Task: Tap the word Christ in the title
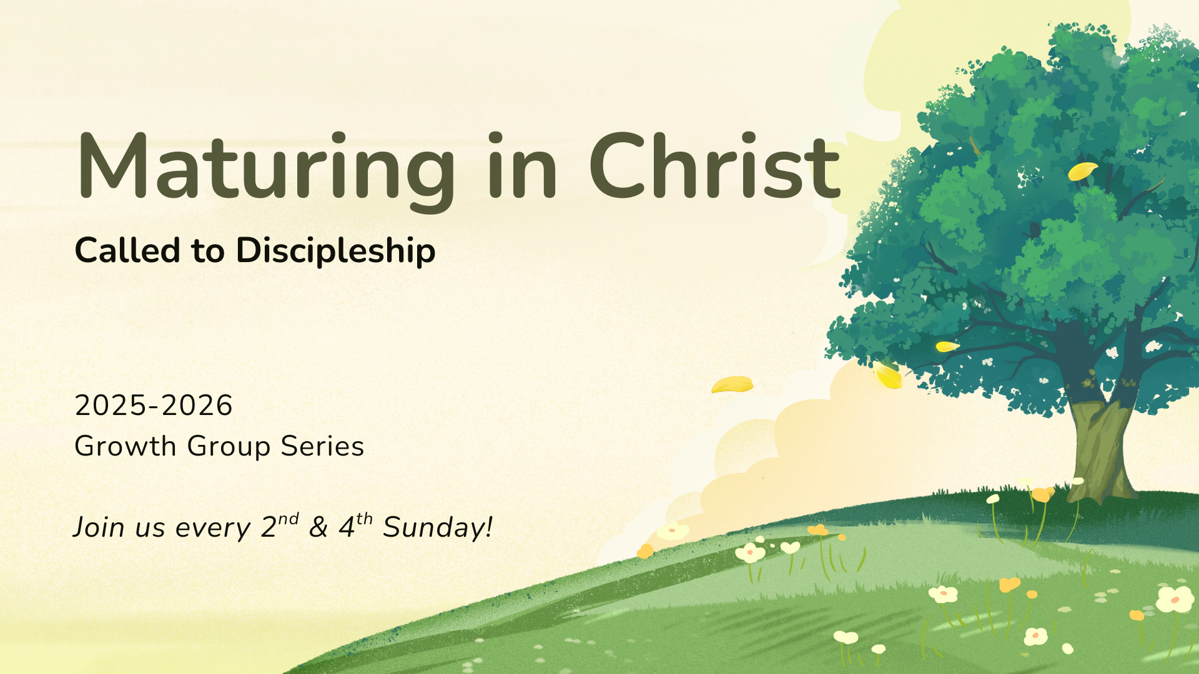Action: [714, 166]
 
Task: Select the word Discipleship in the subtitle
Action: [335, 252]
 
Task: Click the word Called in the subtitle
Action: [127, 250]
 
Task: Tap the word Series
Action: [322, 447]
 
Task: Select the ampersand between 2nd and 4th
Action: [318, 528]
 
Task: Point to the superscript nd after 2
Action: [289, 519]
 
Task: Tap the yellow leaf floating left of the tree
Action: [732, 384]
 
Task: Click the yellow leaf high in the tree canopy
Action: [1082, 170]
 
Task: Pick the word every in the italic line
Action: [213, 529]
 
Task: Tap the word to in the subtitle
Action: [208, 252]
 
